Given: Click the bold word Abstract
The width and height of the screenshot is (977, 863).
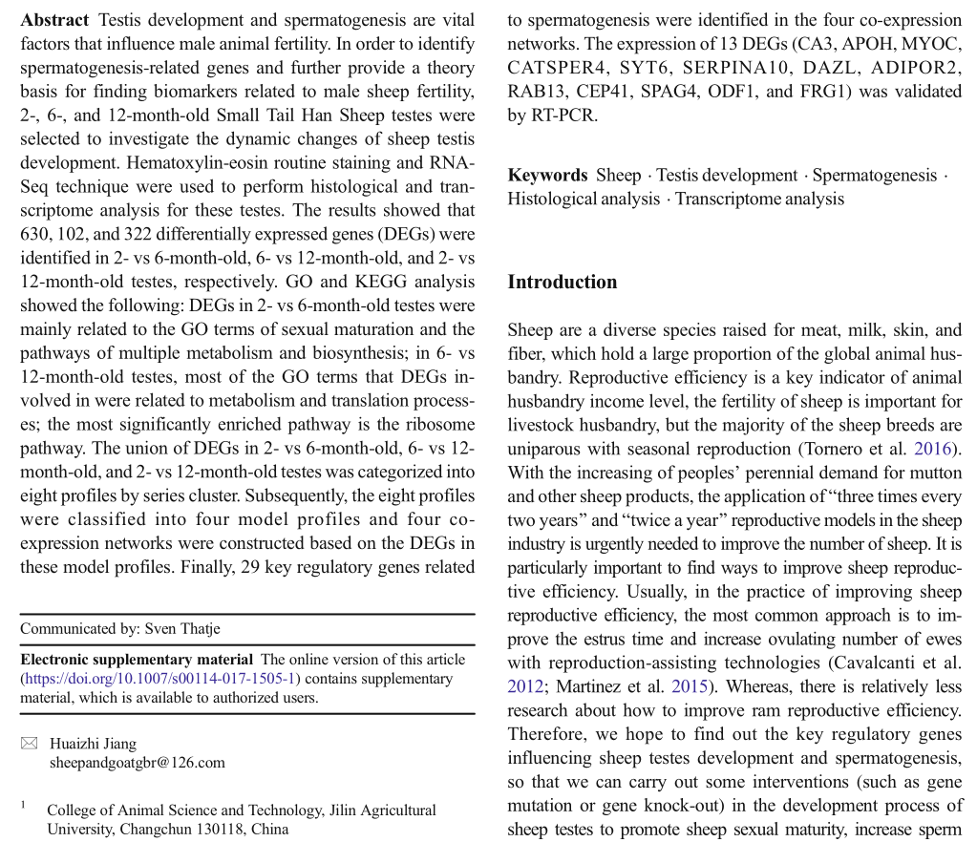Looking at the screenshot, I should click(54, 20).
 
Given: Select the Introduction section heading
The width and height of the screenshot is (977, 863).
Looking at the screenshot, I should click(562, 282).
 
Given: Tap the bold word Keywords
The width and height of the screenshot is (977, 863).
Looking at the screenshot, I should click(547, 176).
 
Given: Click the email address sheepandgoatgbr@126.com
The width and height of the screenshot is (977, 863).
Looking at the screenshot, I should click(137, 762).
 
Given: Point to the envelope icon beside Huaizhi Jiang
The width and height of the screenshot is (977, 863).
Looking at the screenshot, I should click(29, 744).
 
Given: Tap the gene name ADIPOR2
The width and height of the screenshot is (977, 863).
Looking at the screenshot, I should click(921, 68).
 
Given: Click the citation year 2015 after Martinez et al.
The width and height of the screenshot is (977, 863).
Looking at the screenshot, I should click(690, 686).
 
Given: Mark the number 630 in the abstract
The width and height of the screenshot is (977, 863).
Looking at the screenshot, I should click(35, 235).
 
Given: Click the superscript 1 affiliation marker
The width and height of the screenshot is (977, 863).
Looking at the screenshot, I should click(23, 806).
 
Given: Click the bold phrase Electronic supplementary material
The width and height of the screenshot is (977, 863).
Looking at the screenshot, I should click(137, 660).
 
